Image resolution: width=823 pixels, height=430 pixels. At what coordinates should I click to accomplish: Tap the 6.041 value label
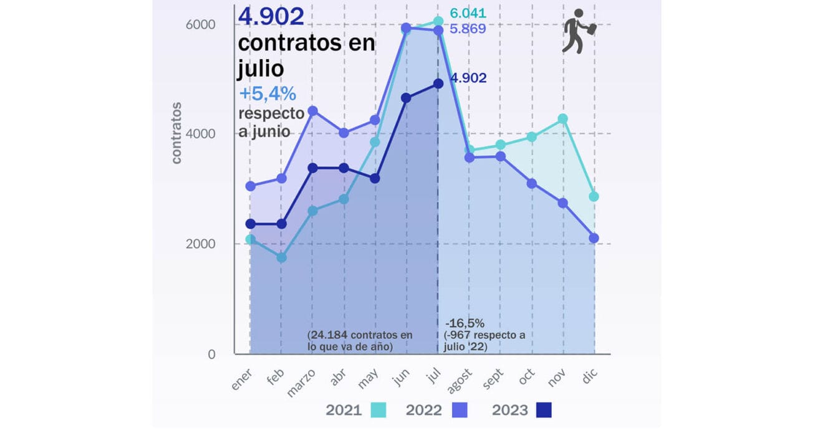click(468, 14)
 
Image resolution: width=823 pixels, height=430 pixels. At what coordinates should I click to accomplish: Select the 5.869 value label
click(468, 29)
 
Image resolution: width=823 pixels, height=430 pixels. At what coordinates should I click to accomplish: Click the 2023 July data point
click(438, 84)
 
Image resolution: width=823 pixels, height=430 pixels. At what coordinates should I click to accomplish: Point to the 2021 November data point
click(562, 118)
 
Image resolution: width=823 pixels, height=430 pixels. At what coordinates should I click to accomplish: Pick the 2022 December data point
click(594, 238)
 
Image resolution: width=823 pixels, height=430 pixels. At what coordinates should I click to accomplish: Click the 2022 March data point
click(313, 111)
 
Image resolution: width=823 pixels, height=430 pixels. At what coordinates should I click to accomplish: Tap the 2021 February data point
click(281, 257)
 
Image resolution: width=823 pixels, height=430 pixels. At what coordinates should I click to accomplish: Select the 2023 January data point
click(250, 224)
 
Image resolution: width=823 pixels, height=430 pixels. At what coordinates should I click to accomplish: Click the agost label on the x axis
click(459, 381)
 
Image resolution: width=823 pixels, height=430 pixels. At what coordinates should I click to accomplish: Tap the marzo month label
click(302, 382)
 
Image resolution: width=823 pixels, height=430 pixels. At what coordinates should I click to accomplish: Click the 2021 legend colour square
click(378, 410)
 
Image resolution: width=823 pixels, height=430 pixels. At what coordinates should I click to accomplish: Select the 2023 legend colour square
click(544, 410)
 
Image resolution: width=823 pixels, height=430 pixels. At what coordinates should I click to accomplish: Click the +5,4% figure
click(267, 94)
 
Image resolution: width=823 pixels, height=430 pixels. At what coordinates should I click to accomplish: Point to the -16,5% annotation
click(464, 323)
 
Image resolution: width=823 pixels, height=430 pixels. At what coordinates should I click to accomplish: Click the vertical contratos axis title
click(176, 133)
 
